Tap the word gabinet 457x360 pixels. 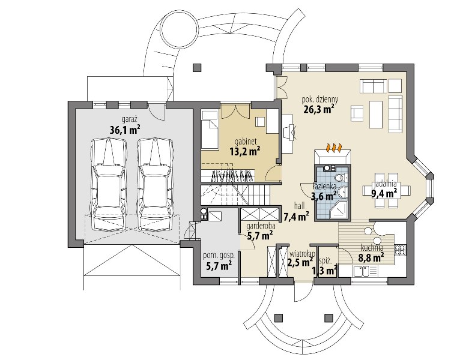(246, 142)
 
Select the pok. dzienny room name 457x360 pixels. (319, 100)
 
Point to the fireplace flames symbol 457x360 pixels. (333, 147)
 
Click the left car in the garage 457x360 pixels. (109, 185)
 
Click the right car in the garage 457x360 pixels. (155, 185)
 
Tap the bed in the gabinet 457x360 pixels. (210, 130)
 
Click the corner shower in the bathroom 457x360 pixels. (339, 209)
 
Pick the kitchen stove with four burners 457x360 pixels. (399, 250)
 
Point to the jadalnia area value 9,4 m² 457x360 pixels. (384, 193)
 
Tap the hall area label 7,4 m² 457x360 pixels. (297, 217)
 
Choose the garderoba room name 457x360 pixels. (261, 226)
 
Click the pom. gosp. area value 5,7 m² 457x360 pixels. (219, 266)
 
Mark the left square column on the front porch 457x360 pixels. (279, 317)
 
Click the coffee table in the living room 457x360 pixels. (376, 114)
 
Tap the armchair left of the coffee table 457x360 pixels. (358, 114)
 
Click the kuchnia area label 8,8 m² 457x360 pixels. (371, 257)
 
